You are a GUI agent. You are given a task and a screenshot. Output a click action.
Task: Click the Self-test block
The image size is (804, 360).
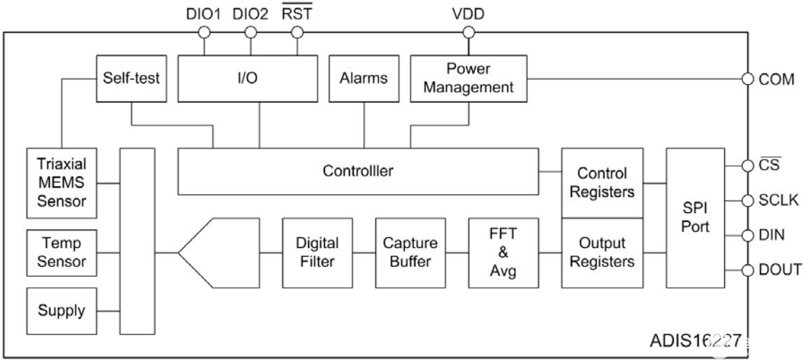point(132,78)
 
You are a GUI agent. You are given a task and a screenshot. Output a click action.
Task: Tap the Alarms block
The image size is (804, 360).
point(363,78)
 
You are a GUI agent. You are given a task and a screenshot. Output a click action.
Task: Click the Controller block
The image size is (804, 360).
point(358,170)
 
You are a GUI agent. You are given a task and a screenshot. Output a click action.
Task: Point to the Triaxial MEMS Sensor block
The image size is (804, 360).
point(62,182)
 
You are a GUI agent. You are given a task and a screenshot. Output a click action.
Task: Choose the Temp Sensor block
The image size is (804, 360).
point(62,252)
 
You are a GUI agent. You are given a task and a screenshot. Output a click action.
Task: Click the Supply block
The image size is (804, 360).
point(62,310)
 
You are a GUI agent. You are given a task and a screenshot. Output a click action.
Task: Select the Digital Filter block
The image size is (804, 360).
point(317,252)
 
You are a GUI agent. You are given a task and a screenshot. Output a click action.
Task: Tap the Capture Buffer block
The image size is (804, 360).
point(410,252)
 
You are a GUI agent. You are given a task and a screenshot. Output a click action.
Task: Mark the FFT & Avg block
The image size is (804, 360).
point(504,252)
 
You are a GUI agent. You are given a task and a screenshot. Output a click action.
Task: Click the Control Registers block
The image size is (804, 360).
point(602,182)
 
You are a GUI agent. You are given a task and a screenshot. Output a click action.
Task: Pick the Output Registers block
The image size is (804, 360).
point(602,252)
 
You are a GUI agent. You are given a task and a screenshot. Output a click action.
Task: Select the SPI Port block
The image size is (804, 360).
point(695,217)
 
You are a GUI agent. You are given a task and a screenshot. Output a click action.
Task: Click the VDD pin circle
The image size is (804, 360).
point(469,32)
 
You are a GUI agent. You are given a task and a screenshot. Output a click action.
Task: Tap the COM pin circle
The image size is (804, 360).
point(747,78)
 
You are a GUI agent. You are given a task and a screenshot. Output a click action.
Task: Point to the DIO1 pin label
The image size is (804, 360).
point(204,13)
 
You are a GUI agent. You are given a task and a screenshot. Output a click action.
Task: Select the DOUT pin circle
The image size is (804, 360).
point(747,269)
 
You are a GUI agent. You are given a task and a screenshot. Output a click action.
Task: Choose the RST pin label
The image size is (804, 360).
point(298,13)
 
